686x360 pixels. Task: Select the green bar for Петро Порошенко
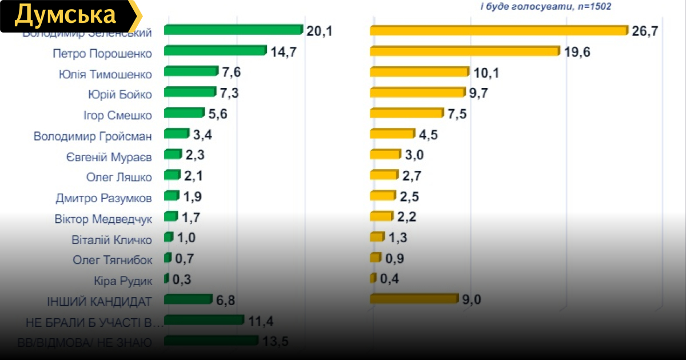215,51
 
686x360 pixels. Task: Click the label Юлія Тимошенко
105,74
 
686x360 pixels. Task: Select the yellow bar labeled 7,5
406,113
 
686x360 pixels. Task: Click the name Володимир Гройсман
93,136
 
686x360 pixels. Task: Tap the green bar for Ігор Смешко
184,113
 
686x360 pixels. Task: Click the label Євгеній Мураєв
109,157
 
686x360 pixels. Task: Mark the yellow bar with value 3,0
385,154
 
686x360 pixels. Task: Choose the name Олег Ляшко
119,177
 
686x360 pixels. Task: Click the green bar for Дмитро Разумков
171,196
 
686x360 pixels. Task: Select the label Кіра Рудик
123,281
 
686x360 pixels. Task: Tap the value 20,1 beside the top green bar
319,31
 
